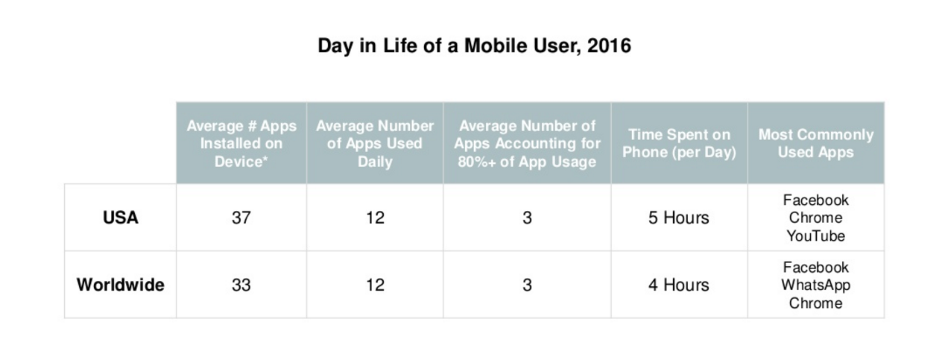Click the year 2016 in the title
(609, 45)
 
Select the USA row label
(120, 218)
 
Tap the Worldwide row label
(120, 285)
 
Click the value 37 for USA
(241, 218)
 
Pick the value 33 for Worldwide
(241, 285)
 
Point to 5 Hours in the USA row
(678, 218)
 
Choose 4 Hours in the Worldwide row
(678, 285)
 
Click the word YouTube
(815, 236)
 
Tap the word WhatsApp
(815, 285)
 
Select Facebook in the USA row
(815, 200)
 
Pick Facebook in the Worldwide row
(815, 268)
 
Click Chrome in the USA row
(815, 218)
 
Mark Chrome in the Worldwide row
(815, 303)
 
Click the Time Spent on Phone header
(679, 143)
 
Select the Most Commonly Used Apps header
(816, 143)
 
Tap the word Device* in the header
(241, 162)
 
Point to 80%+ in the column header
(476, 162)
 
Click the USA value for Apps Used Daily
(375, 218)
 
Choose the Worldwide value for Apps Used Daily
(375, 285)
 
